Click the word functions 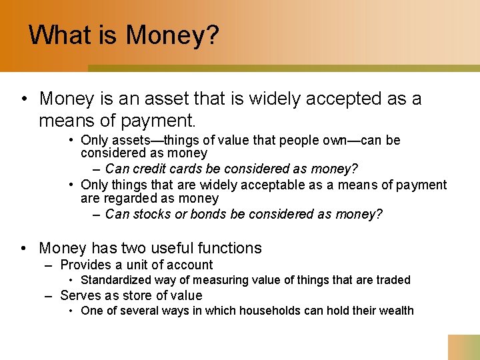(x=230, y=248)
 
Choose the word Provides (x=86, y=265)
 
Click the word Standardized (x=115, y=280)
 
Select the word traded (x=393, y=280)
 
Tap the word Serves (x=79, y=295)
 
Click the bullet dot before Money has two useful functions (x=24, y=249)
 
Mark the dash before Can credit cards (x=97, y=169)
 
